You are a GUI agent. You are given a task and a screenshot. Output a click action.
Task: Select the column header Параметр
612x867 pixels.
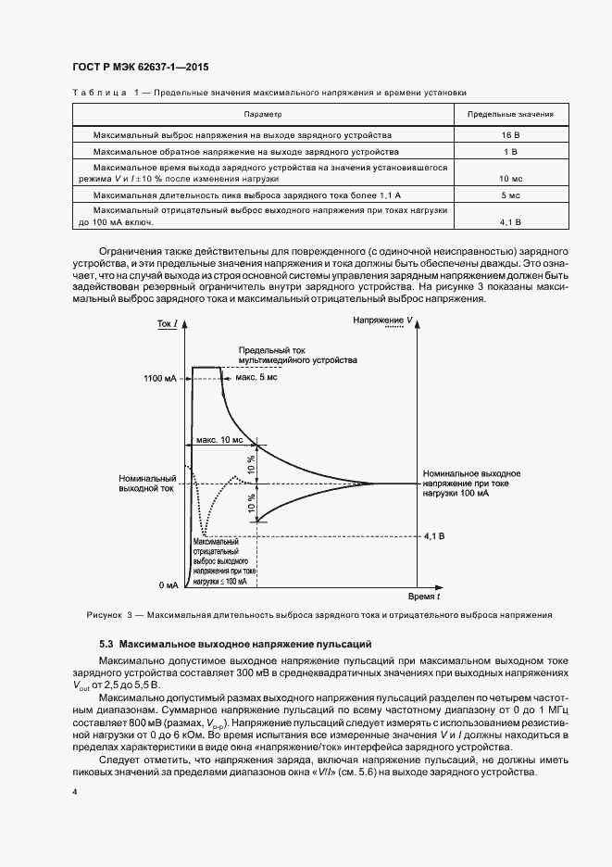[262, 115]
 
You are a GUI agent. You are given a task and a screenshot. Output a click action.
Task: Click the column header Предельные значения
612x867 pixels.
[510, 115]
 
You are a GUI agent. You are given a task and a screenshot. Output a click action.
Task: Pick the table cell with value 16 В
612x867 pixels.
[510, 134]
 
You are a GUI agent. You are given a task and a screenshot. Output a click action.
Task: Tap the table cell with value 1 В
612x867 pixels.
[510, 150]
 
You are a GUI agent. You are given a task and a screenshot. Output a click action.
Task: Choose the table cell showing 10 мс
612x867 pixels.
[510, 177]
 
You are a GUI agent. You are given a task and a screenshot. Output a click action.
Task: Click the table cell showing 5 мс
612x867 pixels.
[510, 195]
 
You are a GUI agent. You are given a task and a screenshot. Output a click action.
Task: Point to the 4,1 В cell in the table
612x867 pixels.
[510, 222]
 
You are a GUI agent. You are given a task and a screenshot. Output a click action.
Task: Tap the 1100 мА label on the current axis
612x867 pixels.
[159, 379]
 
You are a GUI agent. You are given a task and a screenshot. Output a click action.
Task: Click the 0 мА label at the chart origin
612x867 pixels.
[168, 585]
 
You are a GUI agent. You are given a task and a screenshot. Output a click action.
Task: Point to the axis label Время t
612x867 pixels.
[423, 598]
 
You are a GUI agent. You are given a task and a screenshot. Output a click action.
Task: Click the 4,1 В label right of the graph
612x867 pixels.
[434, 535]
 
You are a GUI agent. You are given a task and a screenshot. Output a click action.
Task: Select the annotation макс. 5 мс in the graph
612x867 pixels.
[256, 377]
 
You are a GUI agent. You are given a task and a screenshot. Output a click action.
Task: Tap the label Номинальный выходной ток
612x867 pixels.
[145, 483]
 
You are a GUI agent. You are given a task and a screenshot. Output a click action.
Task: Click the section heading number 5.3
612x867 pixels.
[106, 642]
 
